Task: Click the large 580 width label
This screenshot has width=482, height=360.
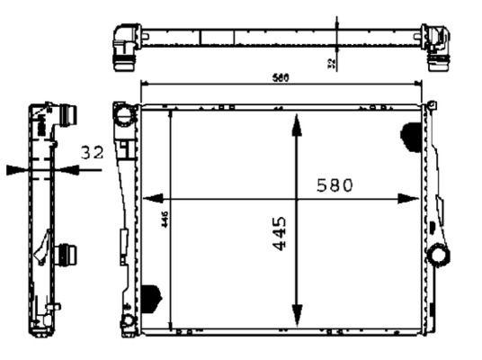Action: [x=335, y=185]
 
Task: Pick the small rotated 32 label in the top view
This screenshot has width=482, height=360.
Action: [x=331, y=62]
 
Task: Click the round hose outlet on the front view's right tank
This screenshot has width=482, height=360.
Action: [x=440, y=254]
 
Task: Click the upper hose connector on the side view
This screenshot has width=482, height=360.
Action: [x=67, y=116]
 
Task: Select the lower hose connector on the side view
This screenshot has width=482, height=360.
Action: [x=65, y=255]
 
